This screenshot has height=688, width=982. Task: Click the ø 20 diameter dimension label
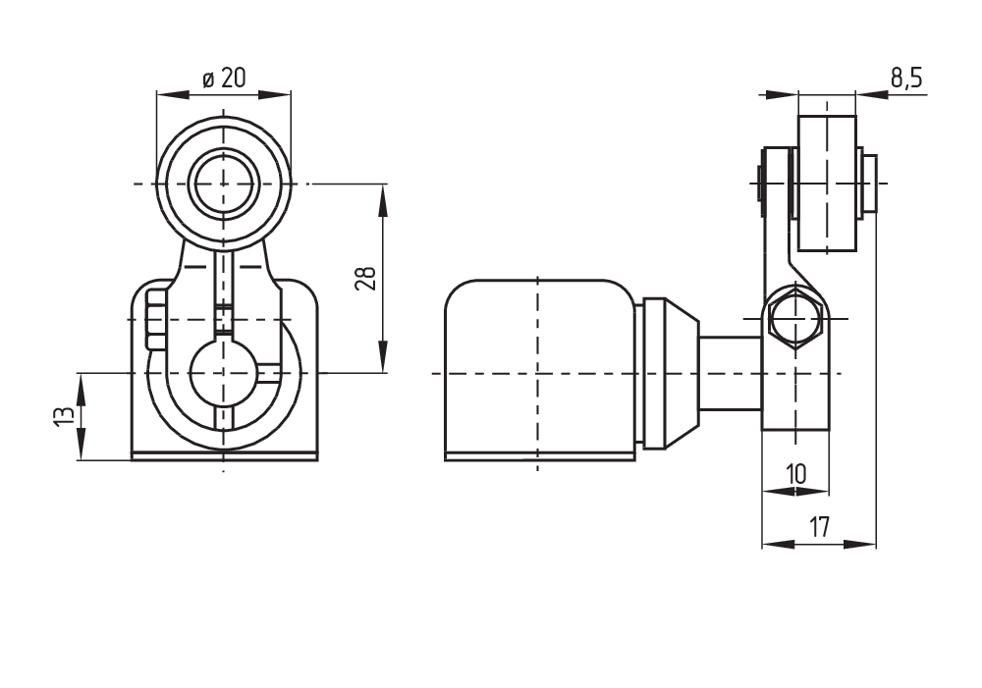225,79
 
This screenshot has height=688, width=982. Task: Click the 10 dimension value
795,474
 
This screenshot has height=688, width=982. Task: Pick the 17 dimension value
819,528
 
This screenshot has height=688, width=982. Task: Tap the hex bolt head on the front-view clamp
154,319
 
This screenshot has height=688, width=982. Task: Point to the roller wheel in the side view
827,185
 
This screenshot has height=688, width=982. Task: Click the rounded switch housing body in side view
537,368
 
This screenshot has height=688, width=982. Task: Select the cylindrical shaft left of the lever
731,373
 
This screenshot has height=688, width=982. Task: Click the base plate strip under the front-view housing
224,455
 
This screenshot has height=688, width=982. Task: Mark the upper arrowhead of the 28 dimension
382,194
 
